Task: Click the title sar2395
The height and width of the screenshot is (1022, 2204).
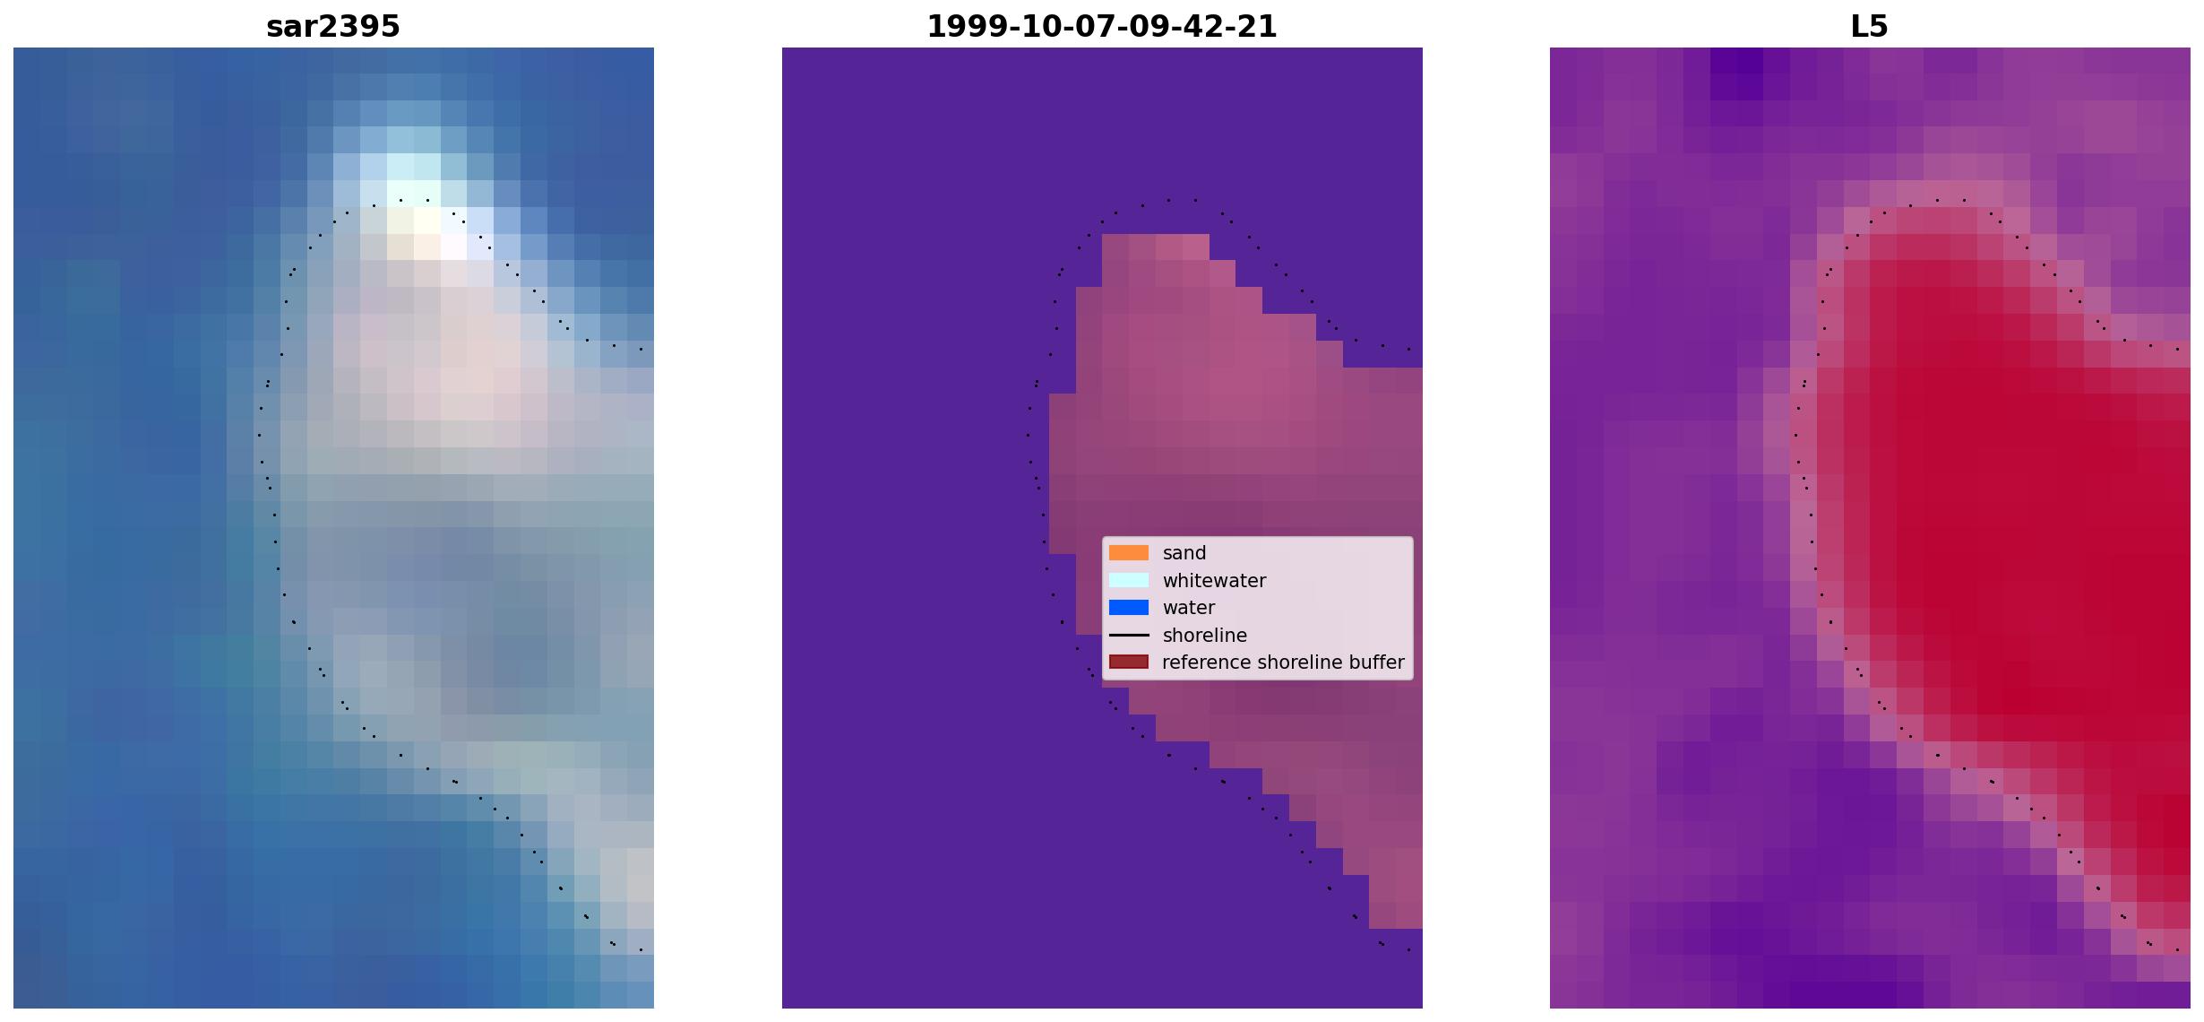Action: tap(333, 27)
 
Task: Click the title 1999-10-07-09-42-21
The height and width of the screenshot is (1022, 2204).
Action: tap(1102, 27)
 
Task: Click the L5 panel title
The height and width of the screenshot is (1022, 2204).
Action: tap(1870, 27)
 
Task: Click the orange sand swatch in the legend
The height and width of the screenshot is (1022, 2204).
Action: tap(1129, 553)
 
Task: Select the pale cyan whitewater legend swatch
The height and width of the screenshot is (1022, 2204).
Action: tap(1129, 580)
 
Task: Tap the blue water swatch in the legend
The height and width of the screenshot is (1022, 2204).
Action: tap(1129, 608)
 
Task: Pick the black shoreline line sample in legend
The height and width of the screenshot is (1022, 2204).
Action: tap(1129, 635)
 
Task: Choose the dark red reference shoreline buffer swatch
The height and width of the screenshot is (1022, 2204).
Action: tap(1129, 663)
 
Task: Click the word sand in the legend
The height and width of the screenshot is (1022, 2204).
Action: tap(1184, 553)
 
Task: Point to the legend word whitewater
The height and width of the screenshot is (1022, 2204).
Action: tap(1214, 581)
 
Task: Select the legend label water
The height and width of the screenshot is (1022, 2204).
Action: tap(1189, 608)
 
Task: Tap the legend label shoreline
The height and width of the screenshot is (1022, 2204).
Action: tap(1205, 636)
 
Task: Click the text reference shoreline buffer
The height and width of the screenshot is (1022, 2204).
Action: tap(1283, 663)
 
